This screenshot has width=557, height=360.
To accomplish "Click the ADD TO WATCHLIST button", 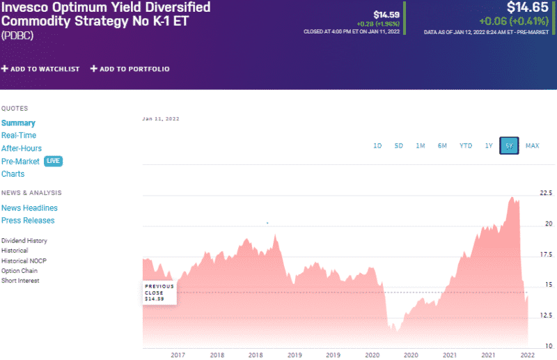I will pos(40,69).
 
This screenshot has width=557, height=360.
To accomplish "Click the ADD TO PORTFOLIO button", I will pos(130,69).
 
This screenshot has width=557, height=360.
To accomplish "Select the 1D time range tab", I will pos(377,146).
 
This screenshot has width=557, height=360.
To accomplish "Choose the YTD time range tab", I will pos(466,146).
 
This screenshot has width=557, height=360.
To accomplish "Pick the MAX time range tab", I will pos(533,146).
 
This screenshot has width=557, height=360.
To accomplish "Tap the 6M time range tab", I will pos(442,146).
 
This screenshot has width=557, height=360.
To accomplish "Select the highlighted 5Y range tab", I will pos(510,146).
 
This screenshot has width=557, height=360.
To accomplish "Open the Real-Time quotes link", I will pos(19,135).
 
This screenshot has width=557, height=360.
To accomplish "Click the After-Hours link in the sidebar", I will pos(22,148).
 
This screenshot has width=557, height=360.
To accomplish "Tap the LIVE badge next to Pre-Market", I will pos(54,161).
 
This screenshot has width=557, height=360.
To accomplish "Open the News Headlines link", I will pos(29,208).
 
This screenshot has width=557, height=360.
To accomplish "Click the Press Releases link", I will pos(28,220).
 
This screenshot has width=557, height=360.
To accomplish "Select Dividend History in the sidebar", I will pos(24,240).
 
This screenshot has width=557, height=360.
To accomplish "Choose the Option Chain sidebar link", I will pos(19,270).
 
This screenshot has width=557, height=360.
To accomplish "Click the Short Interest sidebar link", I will pos(20,281).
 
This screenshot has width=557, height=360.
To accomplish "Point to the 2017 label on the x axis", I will pos(178,354).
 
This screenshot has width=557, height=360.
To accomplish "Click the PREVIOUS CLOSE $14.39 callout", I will pos(159,292).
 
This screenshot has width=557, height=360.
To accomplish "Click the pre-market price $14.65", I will pos(527,8).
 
